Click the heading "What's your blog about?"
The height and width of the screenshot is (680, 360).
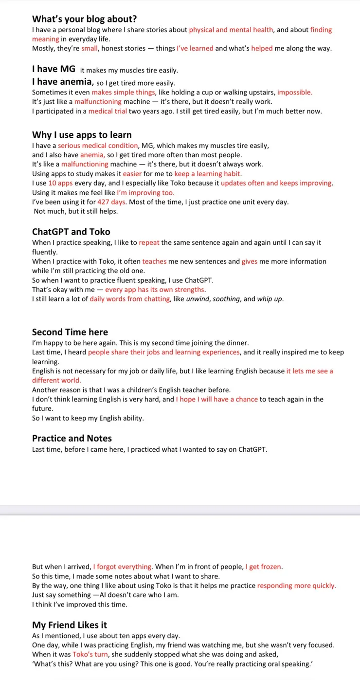pos(84,19)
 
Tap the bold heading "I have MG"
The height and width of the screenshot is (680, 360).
pos(54,69)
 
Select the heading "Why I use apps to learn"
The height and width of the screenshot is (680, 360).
pos(82,135)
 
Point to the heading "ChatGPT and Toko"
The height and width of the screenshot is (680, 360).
pos(71,232)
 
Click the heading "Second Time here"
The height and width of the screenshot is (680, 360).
pos(70,332)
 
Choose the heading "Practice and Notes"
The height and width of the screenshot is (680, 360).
pos(72,438)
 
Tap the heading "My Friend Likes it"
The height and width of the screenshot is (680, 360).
pos(70,625)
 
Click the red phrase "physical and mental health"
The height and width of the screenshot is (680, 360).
pos(231,30)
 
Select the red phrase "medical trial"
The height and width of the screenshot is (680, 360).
pos(108,111)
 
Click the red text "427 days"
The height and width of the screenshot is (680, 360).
pos(110,202)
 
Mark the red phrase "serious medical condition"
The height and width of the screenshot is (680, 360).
pos(98,146)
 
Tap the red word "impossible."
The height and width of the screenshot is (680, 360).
pos(295,92)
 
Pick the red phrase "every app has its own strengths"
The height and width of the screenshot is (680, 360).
pos(155,290)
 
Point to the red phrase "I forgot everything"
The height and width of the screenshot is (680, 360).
pos(123,567)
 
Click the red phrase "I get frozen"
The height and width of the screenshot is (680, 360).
pos(264,567)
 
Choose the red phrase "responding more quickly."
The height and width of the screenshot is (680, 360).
pos(296,586)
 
